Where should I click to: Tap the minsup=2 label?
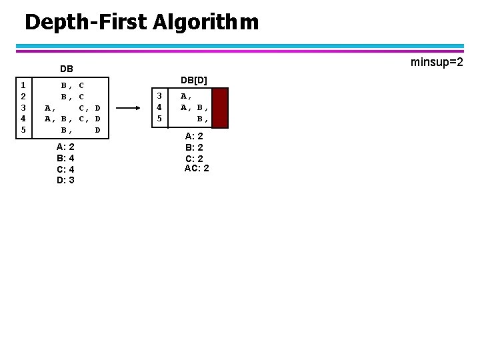point(437,62)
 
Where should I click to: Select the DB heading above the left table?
point(66,68)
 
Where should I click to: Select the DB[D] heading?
point(195,80)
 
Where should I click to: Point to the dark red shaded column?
point(220,107)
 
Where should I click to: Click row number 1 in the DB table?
point(23,85)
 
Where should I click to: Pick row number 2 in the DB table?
point(23,96)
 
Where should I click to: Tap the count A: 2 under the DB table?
point(65,147)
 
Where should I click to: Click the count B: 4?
point(65,158)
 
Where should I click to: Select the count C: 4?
point(65,169)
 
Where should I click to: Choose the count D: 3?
point(65,180)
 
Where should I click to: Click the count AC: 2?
point(197,168)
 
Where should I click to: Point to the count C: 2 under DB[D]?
point(195,158)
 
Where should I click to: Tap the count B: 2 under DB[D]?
point(195,147)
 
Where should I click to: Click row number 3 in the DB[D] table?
point(159,96)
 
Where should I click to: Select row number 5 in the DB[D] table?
point(159,118)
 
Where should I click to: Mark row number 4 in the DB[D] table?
point(159,107)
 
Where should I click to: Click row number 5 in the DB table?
point(23,129)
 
